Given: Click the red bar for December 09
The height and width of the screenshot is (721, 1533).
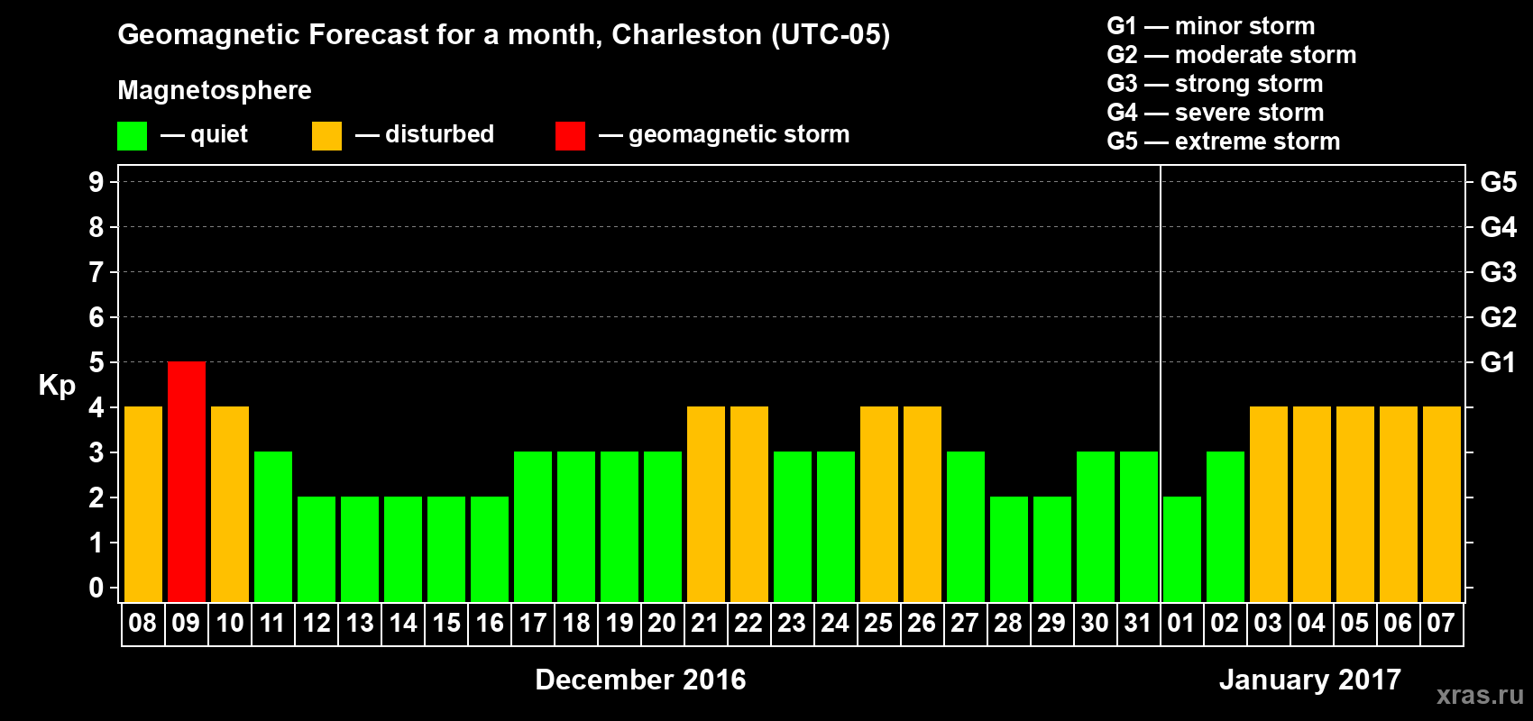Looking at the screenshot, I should point(187,481).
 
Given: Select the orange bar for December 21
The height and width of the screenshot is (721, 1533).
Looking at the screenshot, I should point(706,504).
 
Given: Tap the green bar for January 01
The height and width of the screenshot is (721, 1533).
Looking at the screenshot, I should point(1182,549).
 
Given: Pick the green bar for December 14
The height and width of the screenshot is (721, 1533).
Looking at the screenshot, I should point(403,549).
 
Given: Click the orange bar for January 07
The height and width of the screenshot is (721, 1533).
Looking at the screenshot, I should point(1442,504).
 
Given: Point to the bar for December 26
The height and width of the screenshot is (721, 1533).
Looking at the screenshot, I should point(923,504).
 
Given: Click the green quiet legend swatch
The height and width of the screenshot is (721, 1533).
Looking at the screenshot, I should point(133,136).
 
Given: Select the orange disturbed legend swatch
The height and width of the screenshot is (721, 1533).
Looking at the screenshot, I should point(326,136).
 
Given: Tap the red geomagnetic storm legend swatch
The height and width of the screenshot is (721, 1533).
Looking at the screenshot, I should point(570,136).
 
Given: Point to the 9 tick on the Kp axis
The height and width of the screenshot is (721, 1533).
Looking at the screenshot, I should point(96,182).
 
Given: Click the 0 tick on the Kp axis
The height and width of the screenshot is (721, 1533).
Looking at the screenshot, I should point(96,588).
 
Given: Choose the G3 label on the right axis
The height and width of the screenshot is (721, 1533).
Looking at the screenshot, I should point(1498,272).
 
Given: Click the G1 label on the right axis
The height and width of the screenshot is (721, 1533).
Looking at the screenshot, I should point(1498,362).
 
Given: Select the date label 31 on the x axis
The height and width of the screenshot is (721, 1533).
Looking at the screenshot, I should point(1138,623).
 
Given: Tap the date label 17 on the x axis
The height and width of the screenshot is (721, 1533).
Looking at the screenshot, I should point(532,623).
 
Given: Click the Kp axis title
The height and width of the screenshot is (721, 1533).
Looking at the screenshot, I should point(57,385).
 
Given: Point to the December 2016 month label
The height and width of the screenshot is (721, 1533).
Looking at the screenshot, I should point(640,680).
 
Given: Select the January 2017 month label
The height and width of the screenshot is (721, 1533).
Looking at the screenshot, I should point(1310,680).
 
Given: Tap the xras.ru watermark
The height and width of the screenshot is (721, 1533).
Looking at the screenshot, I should point(1480,695).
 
